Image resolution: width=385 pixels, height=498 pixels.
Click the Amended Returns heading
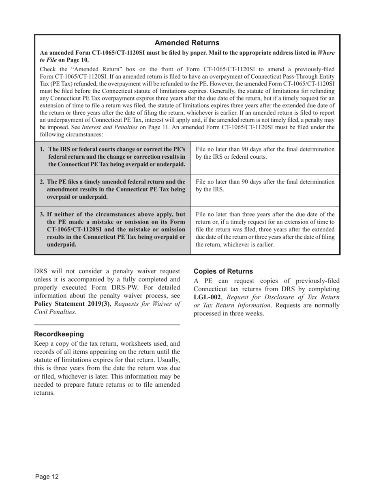tap(187, 43)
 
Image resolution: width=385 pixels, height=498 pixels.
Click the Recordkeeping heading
tap(59, 334)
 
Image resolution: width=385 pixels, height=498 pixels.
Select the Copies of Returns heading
tap(223, 271)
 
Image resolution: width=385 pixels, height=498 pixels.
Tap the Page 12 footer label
tap(47, 477)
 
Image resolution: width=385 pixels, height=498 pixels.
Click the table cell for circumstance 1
tap(113, 157)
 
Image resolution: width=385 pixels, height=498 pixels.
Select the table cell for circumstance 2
tap(113, 189)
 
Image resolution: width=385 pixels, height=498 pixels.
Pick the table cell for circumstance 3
tap(113, 230)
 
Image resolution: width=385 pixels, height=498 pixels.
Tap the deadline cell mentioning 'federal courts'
tap(265, 153)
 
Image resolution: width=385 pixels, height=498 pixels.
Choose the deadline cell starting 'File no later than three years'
tap(265, 230)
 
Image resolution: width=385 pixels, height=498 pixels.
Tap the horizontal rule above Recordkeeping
tap(107, 325)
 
